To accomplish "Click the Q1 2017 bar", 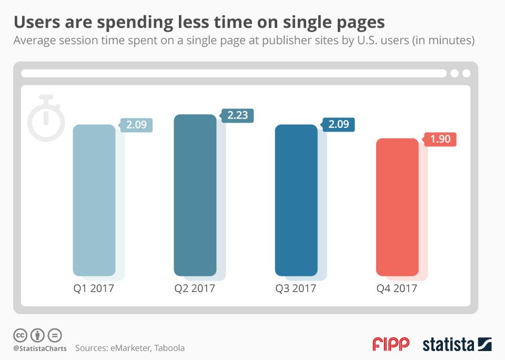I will pyautogui.click(x=94, y=200).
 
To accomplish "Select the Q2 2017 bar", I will pyautogui.click(x=195, y=195).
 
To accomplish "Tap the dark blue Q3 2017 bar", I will pyautogui.click(x=296, y=200).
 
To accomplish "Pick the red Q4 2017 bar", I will pyautogui.click(x=397, y=207).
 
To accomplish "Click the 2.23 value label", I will pyautogui.click(x=237, y=115).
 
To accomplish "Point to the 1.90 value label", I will pyautogui.click(x=440, y=139).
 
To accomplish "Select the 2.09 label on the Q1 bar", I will pyautogui.click(x=136, y=125).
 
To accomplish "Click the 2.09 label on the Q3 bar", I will pyautogui.click(x=338, y=125).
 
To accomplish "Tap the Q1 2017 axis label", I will pyautogui.click(x=94, y=288).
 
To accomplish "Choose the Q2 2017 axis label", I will pyautogui.click(x=195, y=288).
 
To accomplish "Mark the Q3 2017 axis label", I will pyautogui.click(x=296, y=288).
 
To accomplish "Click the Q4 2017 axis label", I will pyautogui.click(x=397, y=288).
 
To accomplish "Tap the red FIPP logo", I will pyautogui.click(x=391, y=345).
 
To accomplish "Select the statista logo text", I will pyautogui.click(x=448, y=345).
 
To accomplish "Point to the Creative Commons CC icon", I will pyautogui.click(x=21, y=335).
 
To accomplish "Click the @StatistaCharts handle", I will pyautogui.click(x=40, y=348).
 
